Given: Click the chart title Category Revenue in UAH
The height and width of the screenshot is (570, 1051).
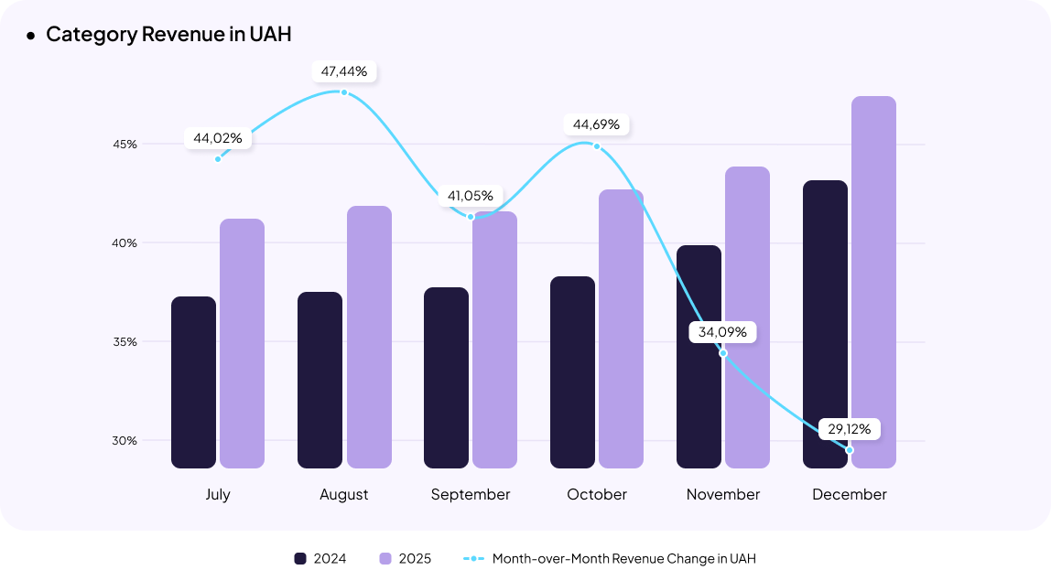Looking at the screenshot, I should tap(168, 35).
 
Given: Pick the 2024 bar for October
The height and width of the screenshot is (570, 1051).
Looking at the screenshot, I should tap(572, 372).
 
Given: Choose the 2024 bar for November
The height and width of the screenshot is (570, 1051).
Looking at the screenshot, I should tap(699, 357).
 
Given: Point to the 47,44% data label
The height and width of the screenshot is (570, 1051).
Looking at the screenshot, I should tap(344, 70).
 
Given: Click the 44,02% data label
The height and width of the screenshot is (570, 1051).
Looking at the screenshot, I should tap(218, 138).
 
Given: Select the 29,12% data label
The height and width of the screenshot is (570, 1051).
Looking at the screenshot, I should tap(850, 428).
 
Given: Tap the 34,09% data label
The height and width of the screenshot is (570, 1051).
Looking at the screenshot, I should tap(722, 332).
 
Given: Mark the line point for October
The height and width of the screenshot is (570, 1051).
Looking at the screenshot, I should tap(597, 146).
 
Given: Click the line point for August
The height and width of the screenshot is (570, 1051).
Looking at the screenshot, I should tap(344, 92).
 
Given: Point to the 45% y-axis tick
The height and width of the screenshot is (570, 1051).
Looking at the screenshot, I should tap(125, 144).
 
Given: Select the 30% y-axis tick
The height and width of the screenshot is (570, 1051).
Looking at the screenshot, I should tap(125, 440).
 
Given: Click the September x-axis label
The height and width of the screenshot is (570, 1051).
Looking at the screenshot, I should tap(471, 494).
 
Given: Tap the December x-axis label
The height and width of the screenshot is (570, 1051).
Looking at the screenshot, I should tap(850, 494).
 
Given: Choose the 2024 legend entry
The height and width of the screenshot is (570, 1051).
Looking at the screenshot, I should tap(320, 558).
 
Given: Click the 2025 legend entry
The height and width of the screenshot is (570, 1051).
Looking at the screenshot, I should tap(405, 558).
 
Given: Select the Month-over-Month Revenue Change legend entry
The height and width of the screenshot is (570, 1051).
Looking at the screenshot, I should tap(610, 558).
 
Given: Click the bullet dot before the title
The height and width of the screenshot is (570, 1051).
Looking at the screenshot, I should tap(30, 35).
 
